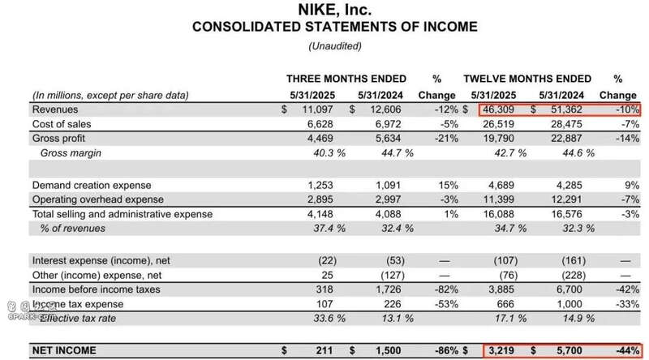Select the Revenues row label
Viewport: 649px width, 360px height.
click(55, 109)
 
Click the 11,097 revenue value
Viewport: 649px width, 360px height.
click(318, 109)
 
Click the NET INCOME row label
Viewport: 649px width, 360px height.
click(64, 350)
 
